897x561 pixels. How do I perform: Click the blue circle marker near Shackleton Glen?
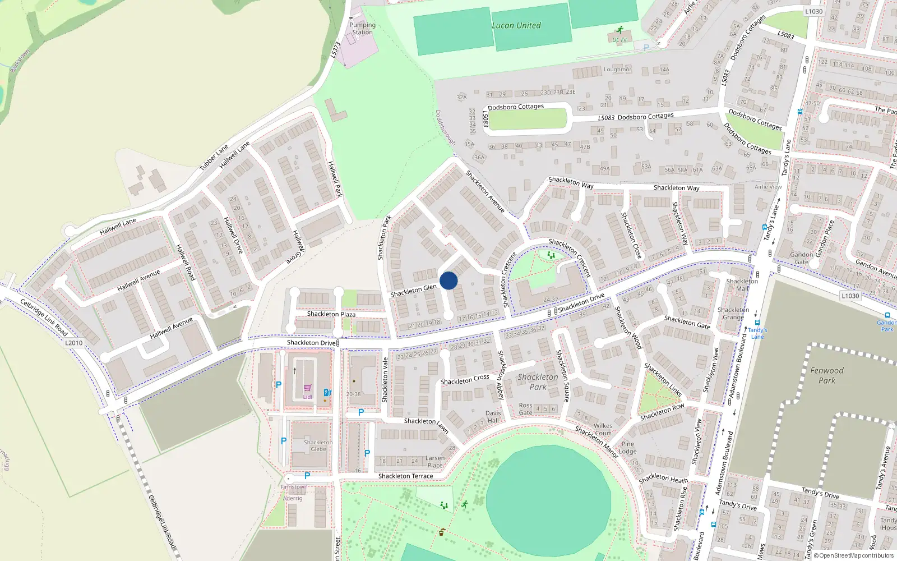click(449, 280)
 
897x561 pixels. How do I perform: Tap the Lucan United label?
click(516, 25)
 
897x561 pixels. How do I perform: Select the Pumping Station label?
click(362, 29)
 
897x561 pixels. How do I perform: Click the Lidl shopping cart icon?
click(308, 388)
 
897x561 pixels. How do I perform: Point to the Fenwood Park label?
click(826, 375)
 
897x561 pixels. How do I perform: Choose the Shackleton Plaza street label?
click(331, 314)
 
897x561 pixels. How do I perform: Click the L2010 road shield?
click(73, 343)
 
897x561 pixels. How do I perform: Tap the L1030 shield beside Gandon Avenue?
click(850, 296)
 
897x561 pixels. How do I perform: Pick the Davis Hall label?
click(493, 417)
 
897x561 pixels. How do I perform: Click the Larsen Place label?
click(435, 462)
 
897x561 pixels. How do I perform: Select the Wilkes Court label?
click(603, 429)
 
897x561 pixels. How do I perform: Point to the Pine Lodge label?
click(627, 448)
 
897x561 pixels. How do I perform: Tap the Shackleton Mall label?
click(742, 285)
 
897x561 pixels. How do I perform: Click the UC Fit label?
click(619, 40)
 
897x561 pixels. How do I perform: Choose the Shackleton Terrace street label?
click(405, 476)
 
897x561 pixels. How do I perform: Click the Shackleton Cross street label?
click(464, 380)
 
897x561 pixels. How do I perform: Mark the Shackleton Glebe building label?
click(318, 445)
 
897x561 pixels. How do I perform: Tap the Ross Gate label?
click(525, 409)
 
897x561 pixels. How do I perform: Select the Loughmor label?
click(617, 70)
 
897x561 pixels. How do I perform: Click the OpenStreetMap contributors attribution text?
click(854, 555)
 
